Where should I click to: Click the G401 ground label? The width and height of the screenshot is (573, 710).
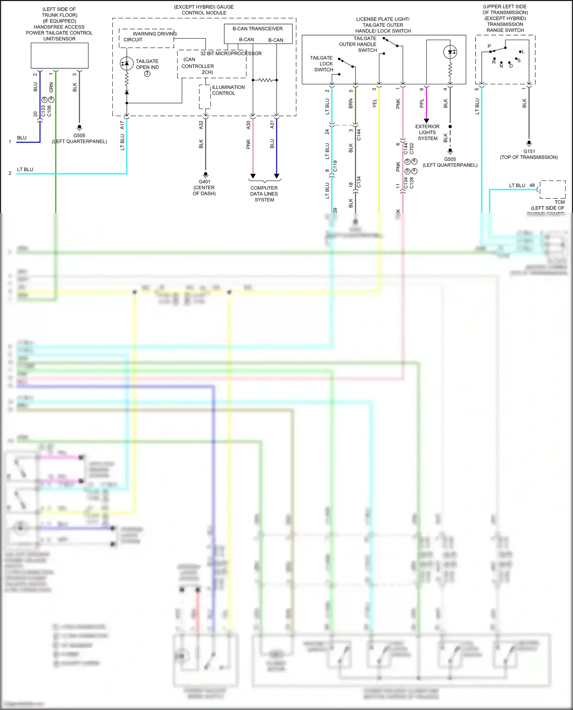point(204,182)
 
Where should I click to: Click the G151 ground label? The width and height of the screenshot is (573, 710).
point(529,151)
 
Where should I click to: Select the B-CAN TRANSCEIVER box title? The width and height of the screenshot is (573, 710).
point(257,29)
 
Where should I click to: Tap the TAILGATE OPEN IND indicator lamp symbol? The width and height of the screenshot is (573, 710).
point(126,63)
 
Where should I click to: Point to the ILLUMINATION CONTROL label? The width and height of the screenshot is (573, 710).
point(228,90)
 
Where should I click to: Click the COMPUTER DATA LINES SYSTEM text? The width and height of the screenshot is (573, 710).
point(264,194)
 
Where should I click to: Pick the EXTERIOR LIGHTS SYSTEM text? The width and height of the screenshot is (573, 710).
point(427,132)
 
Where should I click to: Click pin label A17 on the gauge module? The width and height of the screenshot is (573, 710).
point(122,125)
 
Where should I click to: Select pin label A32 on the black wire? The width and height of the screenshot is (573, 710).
point(201,125)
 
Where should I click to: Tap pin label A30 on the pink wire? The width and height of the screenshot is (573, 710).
point(248,125)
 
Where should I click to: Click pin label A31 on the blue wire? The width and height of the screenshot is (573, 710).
point(272,125)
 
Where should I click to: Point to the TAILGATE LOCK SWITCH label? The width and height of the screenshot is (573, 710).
point(322,64)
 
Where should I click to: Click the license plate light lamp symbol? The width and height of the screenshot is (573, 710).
point(450,52)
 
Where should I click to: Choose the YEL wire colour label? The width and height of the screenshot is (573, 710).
point(374,103)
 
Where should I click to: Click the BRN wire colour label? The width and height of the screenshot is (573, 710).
point(351,103)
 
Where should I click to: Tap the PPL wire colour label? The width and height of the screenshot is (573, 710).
point(422,103)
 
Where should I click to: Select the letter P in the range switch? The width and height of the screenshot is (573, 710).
point(489,46)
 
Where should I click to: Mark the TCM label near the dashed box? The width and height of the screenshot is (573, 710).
point(559,202)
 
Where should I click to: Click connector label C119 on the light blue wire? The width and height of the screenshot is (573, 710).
point(335,166)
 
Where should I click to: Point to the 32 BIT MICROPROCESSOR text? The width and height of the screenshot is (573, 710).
point(231,53)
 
